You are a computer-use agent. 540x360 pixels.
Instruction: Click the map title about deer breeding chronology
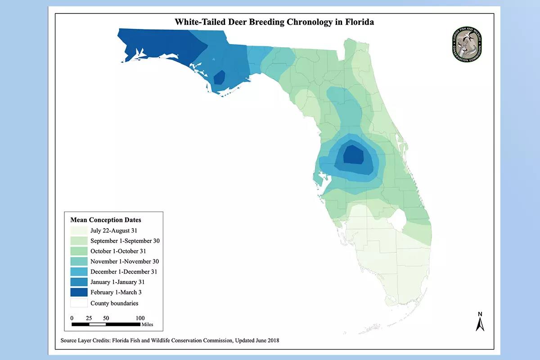click(x=274, y=22)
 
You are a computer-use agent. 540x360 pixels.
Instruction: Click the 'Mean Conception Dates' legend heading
click(x=106, y=220)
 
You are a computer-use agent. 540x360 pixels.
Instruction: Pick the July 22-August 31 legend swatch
click(x=78, y=230)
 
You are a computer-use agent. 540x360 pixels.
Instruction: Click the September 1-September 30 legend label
click(x=125, y=241)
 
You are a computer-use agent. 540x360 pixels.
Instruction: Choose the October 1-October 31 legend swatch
click(x=78, y=251)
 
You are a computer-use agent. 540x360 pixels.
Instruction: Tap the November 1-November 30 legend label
click(x=124, y=261)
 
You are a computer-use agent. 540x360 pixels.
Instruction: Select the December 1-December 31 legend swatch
click(x=78, y=272)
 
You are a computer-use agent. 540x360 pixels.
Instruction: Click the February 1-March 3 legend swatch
click(x=78, y=292)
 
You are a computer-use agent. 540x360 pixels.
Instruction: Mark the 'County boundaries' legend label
click(x=114, y=303)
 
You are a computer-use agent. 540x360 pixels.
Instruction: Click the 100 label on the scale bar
click(x=140, y=318)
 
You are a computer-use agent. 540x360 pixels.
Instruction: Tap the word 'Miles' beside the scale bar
click(x=147, y=324)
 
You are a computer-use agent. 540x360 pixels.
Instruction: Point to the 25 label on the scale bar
click(x=89, y=318)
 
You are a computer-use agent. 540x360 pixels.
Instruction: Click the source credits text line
click(x=170, y=341)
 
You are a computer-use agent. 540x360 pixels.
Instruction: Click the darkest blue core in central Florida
click(x=354, y=155)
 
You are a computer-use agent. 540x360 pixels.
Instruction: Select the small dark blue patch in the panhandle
click(x=219, y=77)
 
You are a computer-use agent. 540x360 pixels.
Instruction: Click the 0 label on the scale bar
click(x=72, y=318)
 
